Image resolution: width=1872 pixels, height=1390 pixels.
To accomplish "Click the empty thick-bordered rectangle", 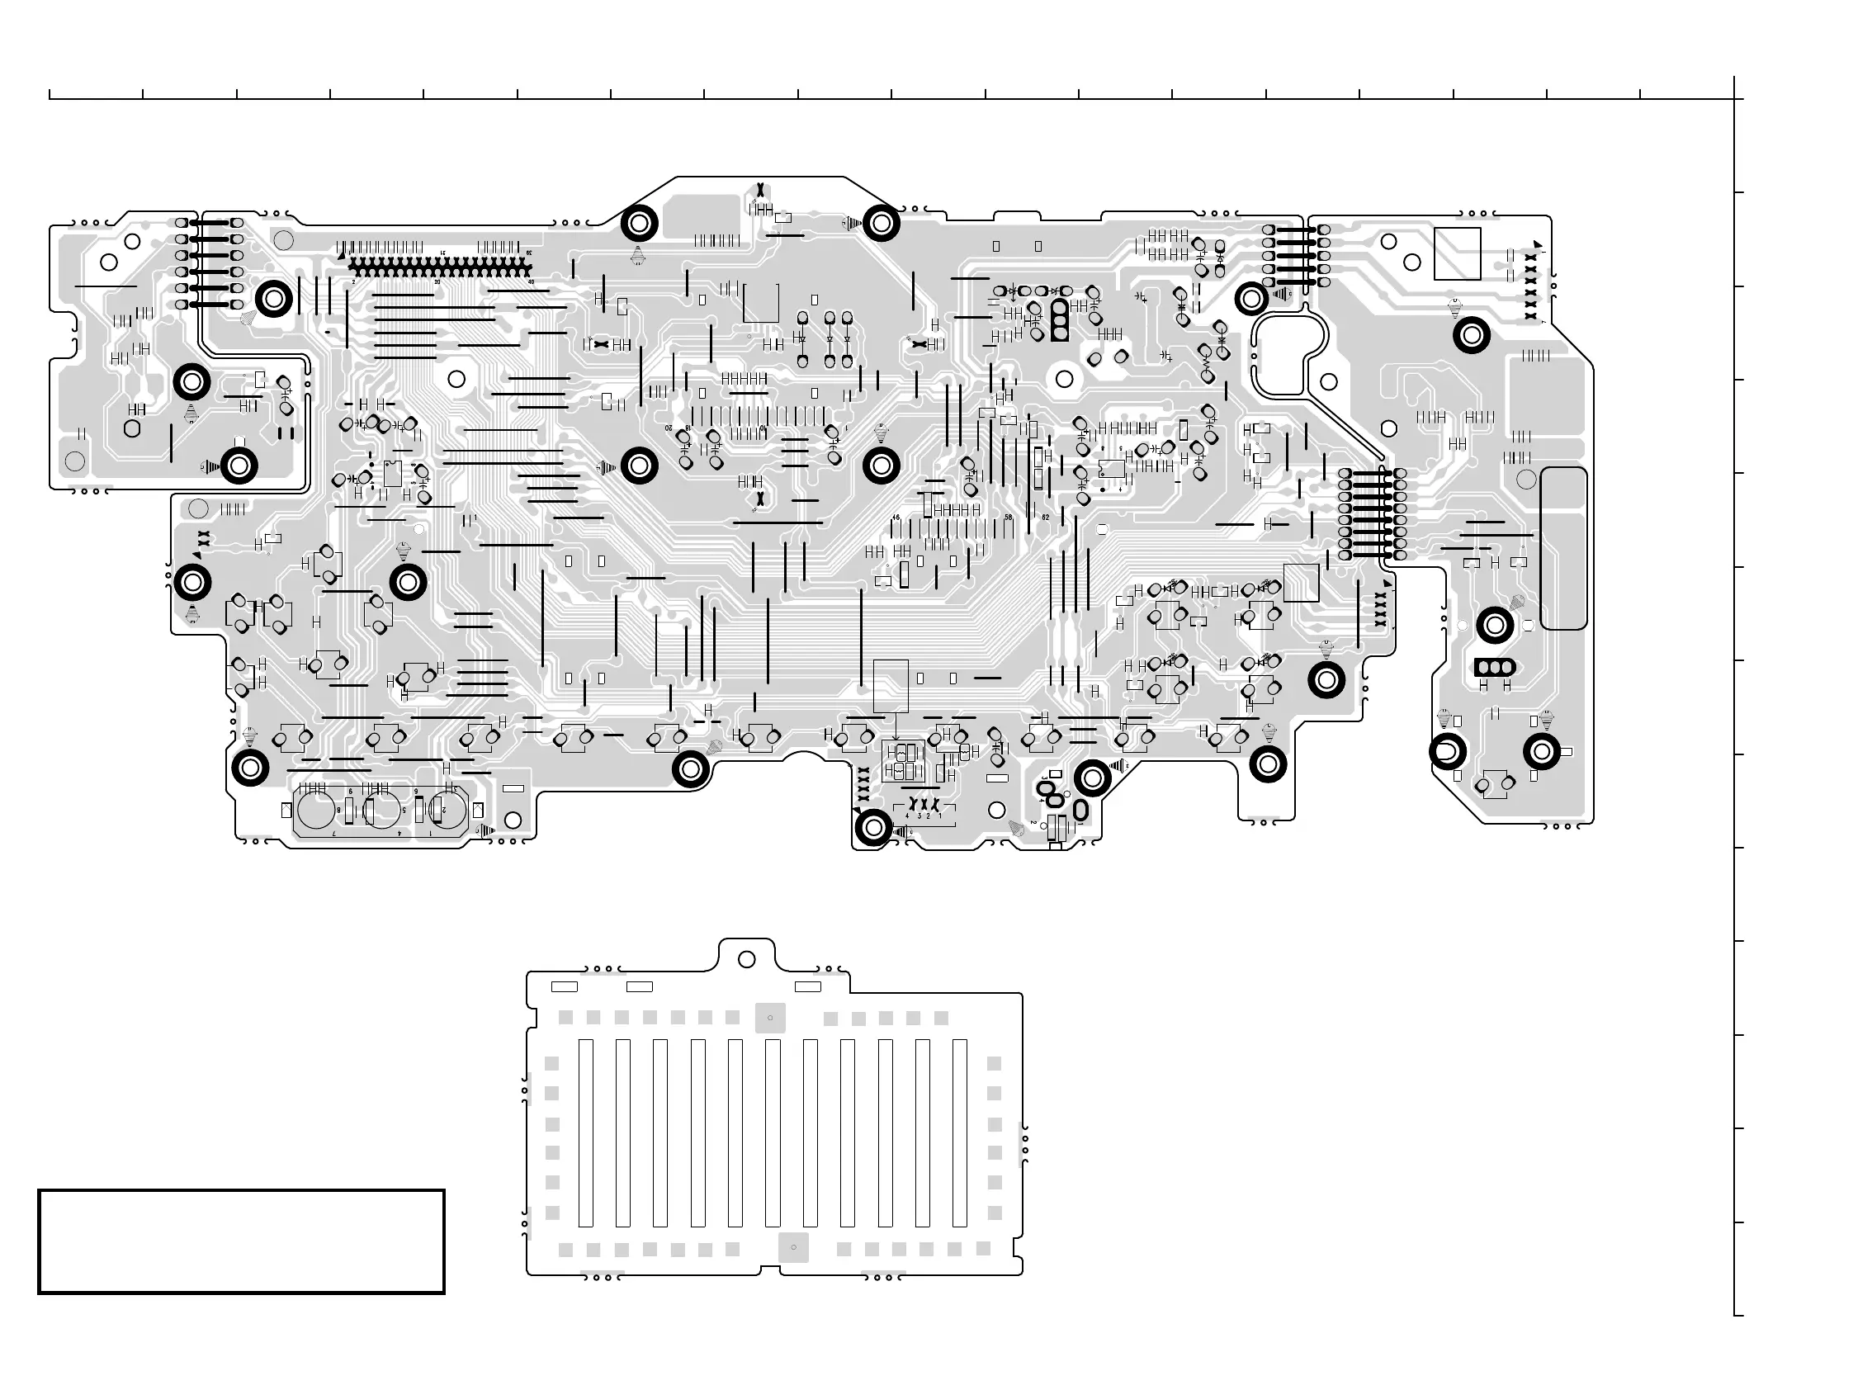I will tap(242, 1241).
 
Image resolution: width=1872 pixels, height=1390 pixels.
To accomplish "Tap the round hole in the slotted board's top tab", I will tap(746, 959).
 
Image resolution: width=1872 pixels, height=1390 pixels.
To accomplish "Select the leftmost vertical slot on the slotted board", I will tap(585, 1132).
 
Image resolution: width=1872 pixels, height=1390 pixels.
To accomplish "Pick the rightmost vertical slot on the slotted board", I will tap(959, 1132).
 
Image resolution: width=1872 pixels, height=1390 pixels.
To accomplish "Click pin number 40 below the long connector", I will tap(531, 281).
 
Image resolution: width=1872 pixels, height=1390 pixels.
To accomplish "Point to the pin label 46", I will tap(896, 518).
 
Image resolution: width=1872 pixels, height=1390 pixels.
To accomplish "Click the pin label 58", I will tap(1008, 518).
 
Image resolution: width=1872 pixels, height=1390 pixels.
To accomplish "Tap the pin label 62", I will tap(1046, 518).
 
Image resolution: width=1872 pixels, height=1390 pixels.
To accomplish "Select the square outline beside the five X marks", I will tap(1457, 253).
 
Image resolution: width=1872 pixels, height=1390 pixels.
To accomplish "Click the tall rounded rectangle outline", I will tap(1564, 548).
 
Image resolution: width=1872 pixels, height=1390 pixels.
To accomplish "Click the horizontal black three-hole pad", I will tap(1494, 667).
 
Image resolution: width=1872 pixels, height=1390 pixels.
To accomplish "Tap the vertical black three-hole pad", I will tap(1059, 321).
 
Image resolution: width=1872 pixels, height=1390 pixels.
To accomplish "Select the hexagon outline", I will tap(132, 428).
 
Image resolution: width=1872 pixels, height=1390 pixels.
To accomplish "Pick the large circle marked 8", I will tap(317, 811).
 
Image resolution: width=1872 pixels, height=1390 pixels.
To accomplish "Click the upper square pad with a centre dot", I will tap(770, 1017).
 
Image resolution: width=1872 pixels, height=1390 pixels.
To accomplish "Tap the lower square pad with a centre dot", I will tap(793, 1247).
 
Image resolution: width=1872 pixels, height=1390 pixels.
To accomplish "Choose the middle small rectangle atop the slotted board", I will tap(640, 986).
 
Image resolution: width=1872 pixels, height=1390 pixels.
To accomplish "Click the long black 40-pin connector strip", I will tap(442, 266).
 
